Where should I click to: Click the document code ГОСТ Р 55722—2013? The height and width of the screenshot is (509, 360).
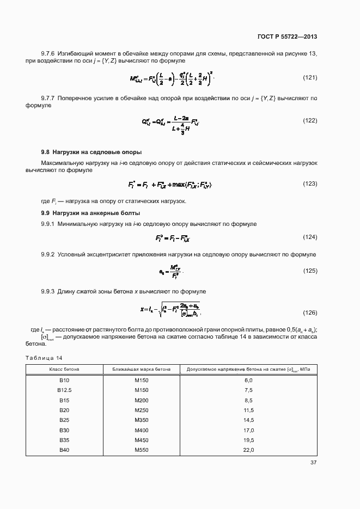[x=287, y=36]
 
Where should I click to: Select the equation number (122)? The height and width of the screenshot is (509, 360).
[x=309, y=120]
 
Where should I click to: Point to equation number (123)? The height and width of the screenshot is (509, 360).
[x=309, y=183]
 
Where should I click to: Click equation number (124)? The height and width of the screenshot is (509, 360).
[x=309, y=237]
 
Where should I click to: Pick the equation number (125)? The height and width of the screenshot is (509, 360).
[x=309, y=270]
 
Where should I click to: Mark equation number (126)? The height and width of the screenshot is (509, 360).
[x=309, y=312]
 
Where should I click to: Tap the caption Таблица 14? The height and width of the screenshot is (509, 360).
[x=44, y=357]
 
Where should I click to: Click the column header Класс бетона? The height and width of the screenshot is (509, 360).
[x=64, y=370]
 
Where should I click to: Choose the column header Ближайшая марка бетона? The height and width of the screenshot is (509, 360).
[x=142, y=370]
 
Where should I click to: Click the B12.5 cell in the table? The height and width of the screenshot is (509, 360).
[x=64, y=390]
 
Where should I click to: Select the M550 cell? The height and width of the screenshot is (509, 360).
[x=142, y=450]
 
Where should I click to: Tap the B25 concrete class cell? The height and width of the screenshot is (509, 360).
[x=64, y=420]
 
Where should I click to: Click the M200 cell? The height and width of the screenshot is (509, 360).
[x=142, y=400]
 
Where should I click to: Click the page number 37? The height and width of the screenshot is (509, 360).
[x=313, y=463]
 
